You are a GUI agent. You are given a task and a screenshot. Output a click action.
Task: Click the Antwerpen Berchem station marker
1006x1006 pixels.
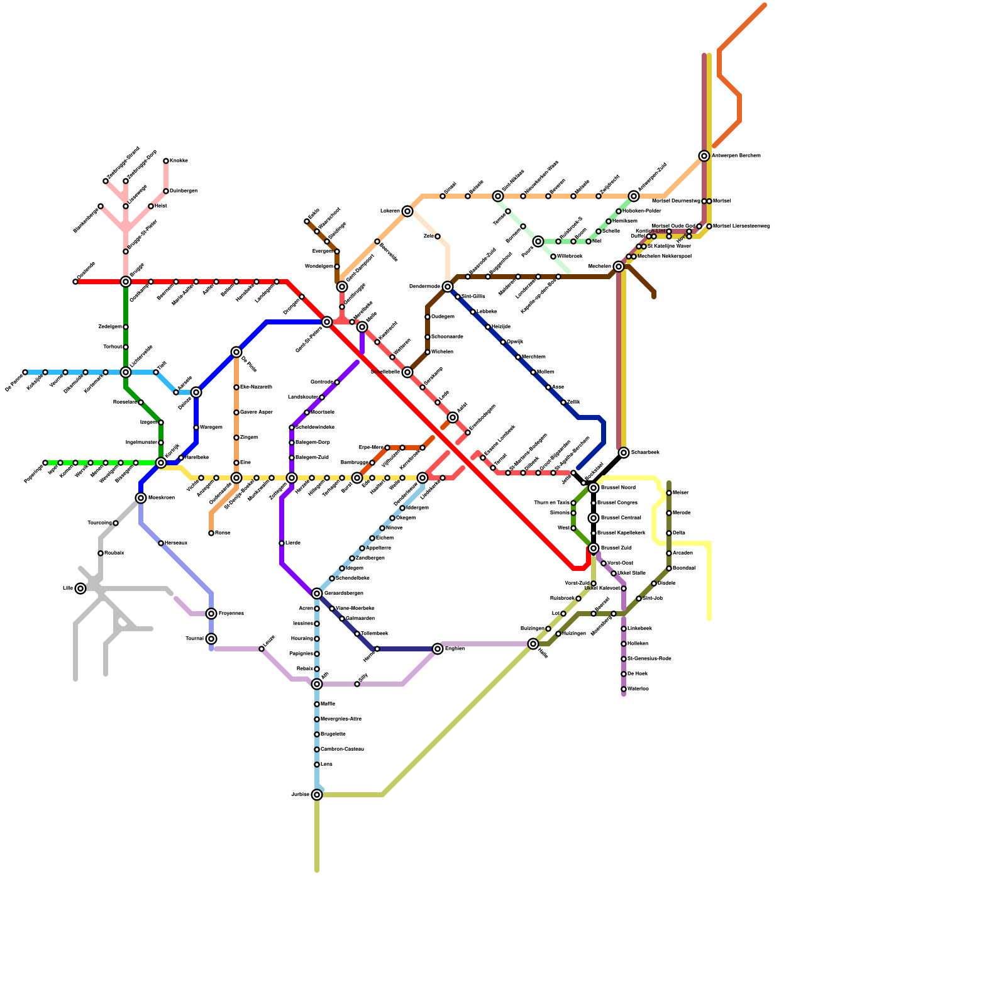(x=704, y=156)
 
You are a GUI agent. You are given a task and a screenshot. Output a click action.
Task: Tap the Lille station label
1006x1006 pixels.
(x=67, y=589)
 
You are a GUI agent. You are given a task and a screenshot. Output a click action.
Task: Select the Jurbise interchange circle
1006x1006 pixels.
(x=317, y=795)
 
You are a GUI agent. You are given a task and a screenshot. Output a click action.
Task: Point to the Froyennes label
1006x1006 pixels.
(x=231, y=614)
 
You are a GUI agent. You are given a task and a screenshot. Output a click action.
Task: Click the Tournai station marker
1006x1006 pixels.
(x=211, y=639)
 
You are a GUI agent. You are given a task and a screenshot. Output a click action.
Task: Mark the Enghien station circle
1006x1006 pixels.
(x=438, y=649)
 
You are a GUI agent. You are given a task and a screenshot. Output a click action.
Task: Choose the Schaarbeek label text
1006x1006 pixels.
(x=645, y=453)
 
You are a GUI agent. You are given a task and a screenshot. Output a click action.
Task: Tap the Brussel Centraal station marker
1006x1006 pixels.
(x=594, y=518)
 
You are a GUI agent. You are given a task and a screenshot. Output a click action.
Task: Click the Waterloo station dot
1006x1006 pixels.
(x=624, y=689)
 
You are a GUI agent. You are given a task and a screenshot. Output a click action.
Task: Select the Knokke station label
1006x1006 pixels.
(x=179, y=161)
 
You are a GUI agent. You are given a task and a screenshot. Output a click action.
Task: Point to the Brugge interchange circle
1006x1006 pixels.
(x=126, y=282)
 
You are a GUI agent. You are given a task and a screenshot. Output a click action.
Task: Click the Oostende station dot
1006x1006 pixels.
(x=75, y=282)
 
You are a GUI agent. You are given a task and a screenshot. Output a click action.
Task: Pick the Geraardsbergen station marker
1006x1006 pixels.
(x=317, y=594)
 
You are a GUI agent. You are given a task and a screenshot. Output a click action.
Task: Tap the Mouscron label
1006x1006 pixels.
(x=162, y=498)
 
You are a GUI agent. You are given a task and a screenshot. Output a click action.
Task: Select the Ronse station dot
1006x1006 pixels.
(x=211, y=533)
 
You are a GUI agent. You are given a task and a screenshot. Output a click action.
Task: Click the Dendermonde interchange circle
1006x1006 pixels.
(x=448, y=287)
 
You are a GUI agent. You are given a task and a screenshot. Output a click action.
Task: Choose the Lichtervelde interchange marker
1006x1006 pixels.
(x=126, y=372)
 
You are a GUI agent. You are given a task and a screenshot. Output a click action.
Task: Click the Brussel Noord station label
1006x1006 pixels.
(x=618, y=488)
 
